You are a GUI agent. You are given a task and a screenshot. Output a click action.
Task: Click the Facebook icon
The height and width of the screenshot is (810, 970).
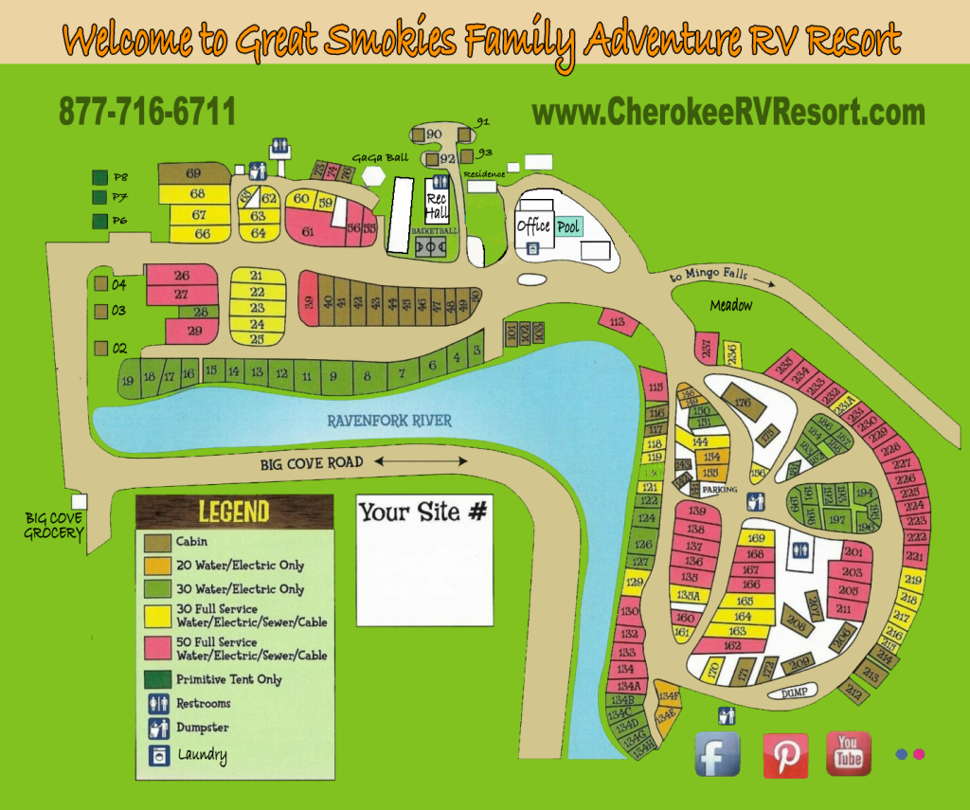click(718, 755)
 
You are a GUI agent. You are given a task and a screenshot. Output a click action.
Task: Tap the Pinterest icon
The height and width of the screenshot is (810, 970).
click(785, 755)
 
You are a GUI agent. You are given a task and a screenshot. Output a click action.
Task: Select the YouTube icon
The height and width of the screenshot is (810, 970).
click(849, 754)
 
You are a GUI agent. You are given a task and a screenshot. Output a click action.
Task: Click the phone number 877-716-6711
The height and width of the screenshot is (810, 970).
click(147, 112)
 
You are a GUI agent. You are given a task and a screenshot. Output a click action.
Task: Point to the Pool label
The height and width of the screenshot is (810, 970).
click(568, 227)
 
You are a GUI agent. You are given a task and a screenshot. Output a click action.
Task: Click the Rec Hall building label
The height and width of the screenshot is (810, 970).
click(437, 206)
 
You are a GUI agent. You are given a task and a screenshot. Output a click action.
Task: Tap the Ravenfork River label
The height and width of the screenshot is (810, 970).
click(391, 421)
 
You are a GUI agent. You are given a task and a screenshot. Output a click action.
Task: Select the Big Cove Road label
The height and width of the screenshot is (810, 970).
click(312, 462)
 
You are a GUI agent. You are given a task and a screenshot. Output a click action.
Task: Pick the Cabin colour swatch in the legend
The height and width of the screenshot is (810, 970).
click(156, 542)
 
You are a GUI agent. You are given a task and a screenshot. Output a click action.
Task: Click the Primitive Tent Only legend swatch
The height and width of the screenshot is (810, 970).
click(156, 679)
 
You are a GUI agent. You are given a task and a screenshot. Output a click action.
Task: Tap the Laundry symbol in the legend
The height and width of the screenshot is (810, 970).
click(157, 755)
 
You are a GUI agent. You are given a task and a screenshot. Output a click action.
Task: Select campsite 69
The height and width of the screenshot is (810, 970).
click(194, 173)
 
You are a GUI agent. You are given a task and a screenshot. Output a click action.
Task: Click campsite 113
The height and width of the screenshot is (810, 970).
click(618, 323)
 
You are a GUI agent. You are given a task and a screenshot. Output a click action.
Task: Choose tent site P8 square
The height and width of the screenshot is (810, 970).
click(99, 177)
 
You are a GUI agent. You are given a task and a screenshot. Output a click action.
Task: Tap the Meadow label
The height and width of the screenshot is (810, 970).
click(731, 305)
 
